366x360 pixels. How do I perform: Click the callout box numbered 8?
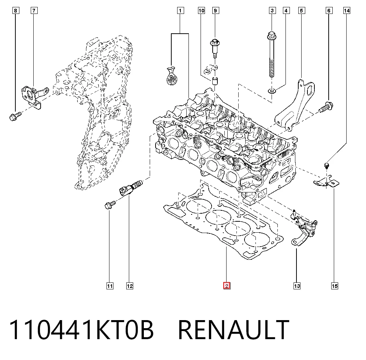pos(16,11)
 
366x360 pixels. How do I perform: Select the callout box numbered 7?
pos(34,11)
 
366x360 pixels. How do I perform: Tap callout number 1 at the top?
pos(180,11)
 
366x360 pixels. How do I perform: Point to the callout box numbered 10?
pos(201,11)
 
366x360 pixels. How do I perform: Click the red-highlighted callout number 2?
pos(227,286)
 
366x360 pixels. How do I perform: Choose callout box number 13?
pos(297,286)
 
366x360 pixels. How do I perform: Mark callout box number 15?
pos(335,286)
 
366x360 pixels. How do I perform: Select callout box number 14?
pos(347,11)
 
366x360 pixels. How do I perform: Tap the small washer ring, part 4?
pos(272,90)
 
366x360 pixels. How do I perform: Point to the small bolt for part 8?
pos(15,116)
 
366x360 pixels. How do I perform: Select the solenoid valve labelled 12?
pos(130,187)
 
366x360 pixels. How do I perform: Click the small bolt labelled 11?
pos(110,205)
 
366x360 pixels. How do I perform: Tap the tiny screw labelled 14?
pos(326,166)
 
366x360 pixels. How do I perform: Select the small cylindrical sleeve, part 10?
pos(215,80)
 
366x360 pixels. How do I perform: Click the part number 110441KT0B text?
pos(81,330)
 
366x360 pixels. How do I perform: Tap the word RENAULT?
pos(234,330)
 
